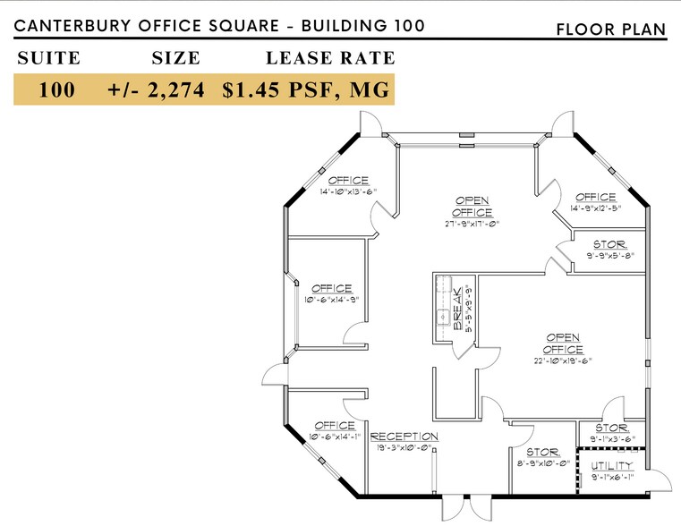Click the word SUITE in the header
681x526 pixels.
click(48, 59)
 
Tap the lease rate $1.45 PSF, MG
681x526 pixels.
click(308, 90)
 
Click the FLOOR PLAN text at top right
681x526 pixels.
click(611, 30)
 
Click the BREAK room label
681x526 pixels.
click(457, 310)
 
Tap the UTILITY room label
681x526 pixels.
click(612, 466)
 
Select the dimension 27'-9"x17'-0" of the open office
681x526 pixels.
click(472, 225)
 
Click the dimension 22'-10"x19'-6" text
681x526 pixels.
click(565, 361)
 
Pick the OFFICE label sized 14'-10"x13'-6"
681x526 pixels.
click(348, 181)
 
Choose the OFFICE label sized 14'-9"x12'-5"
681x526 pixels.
click(596, 197)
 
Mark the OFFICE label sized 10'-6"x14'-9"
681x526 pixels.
click(331, 288)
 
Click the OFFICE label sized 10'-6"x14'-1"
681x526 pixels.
click(335, 426)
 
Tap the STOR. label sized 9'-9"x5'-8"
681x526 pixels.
click(609, 244)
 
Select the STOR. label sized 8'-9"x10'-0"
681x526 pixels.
click(542, 453)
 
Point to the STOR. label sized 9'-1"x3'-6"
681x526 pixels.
click(612, 428)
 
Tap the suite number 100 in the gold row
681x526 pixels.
click(56, 90)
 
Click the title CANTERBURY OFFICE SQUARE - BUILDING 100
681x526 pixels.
click(218, 26)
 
